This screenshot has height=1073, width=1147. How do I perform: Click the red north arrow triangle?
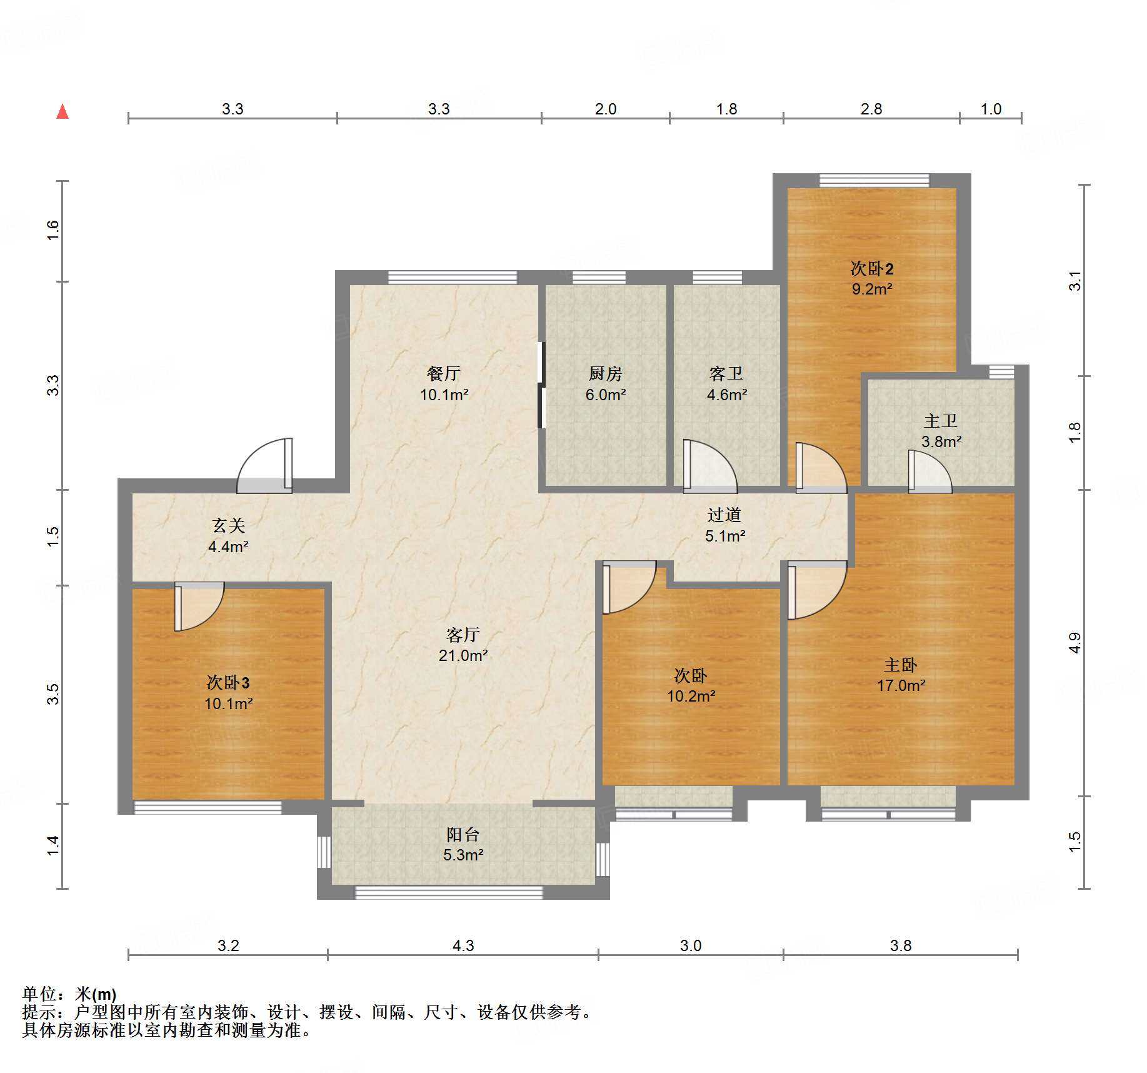click(63, 111)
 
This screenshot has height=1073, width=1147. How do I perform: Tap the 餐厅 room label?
click(444, 373)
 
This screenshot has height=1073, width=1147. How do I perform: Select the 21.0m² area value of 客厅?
click(463, 655)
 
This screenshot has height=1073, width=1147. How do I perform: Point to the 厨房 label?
click(606, 373)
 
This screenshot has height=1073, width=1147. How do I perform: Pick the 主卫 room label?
click(941, 421)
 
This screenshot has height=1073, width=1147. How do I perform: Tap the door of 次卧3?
click(199, 607)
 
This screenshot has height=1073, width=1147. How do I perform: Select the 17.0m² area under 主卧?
click(901, 685)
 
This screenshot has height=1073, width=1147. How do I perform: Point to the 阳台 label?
click(463, 834)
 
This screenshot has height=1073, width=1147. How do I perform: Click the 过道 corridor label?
click(724, 515)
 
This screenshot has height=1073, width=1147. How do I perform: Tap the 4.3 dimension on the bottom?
click(463, 945)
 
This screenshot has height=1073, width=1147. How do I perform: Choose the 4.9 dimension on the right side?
click(1074, 643)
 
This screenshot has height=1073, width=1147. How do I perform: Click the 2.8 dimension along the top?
click(871, 109)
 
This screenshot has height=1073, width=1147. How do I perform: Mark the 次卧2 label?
click(872, 268)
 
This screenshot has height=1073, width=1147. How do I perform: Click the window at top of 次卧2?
click(874, 180)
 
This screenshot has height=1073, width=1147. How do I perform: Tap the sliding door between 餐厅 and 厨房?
click(541, 385)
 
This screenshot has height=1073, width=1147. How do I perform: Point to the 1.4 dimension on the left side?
click(53, 845)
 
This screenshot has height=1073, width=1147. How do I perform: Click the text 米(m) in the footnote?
click(96, 994)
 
